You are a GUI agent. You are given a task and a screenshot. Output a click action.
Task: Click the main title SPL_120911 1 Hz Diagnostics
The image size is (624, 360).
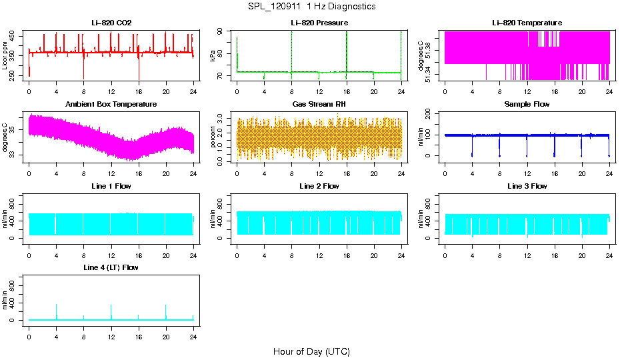[311, 7]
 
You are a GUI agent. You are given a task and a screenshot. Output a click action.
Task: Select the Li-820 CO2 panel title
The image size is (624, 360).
[111, 23]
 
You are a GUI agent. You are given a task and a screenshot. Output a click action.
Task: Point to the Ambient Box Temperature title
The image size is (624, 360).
[111, 105]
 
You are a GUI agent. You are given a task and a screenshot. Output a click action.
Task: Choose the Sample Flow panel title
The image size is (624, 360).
[527, 105]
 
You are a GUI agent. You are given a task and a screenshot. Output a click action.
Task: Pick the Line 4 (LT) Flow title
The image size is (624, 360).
[111, 267]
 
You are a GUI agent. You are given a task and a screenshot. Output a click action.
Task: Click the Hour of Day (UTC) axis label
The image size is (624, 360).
[311, 351]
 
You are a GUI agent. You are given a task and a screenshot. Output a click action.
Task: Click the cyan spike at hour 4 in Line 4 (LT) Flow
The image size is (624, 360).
[57, 311]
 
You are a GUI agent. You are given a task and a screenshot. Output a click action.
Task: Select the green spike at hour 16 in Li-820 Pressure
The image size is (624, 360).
[347, 50]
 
